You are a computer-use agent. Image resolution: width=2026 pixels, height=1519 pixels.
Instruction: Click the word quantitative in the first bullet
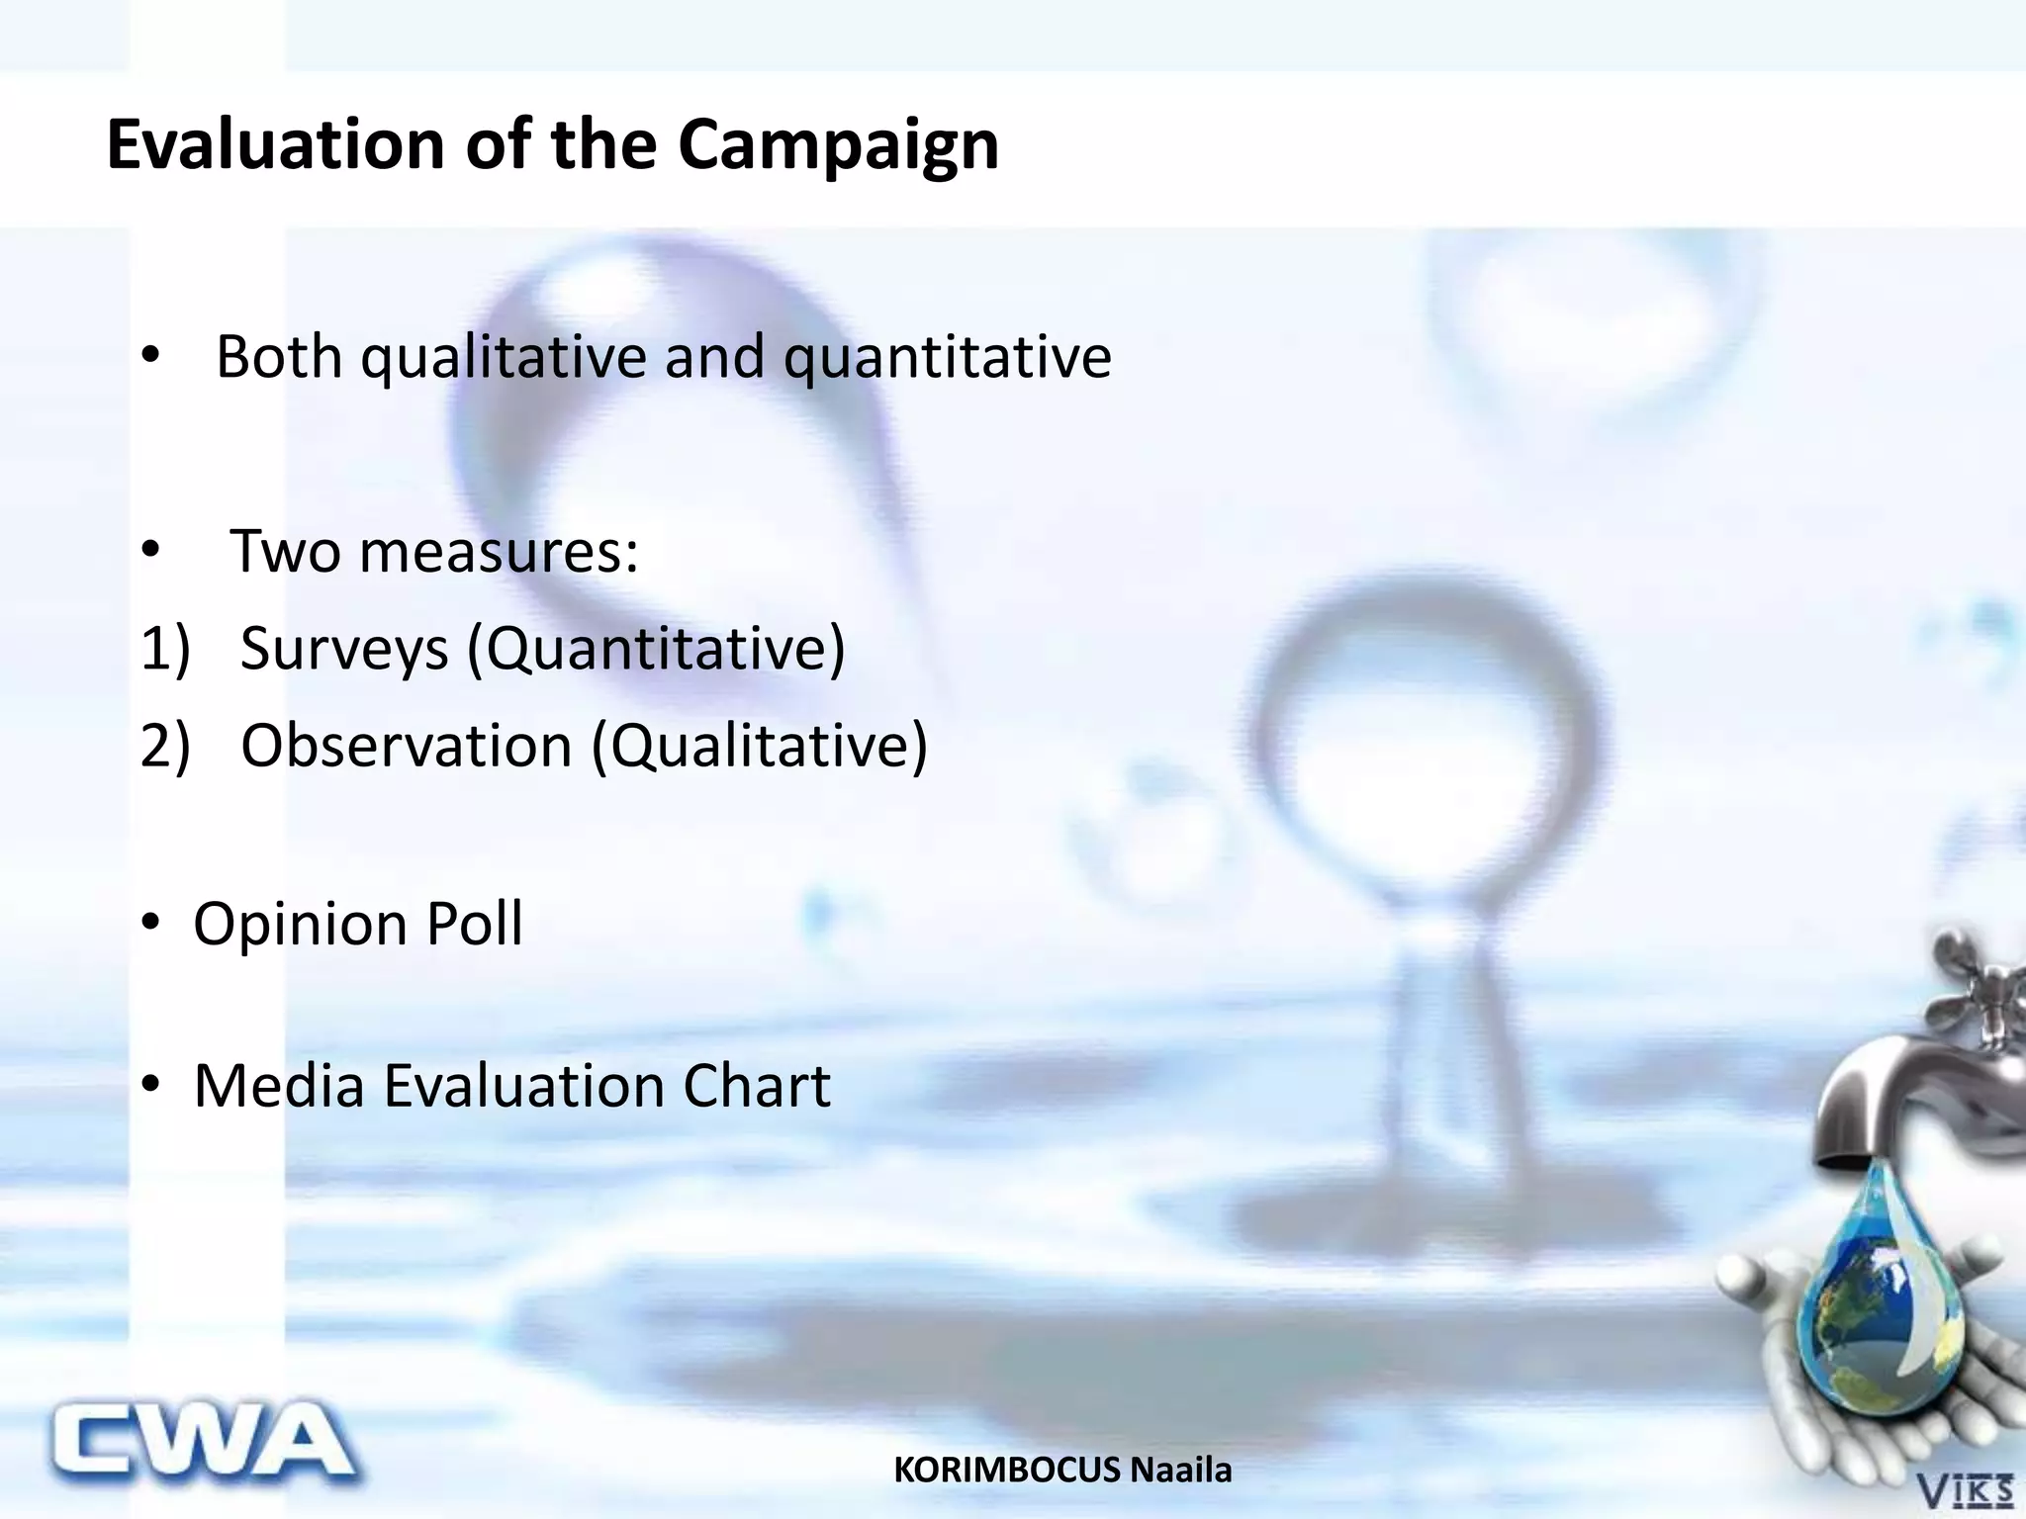(x=947, y=358)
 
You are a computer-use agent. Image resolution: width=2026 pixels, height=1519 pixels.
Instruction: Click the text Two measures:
(x=434, y=551)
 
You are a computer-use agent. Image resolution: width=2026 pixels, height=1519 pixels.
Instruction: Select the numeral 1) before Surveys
(x=165, y=649)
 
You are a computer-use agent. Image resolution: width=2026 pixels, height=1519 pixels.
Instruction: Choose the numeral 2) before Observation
(x=165, y=746)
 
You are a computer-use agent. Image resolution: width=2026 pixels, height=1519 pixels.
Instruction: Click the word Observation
(x=407, y=746)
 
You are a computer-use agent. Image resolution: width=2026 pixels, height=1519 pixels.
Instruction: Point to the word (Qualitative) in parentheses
(x=760, y=746)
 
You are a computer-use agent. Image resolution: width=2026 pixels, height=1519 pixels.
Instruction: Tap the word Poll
(x=474, y=925)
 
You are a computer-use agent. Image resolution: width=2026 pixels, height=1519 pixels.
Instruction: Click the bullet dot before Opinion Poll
(x=149, y=924)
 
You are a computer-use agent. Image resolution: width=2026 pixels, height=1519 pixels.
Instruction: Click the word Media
(x=280, y=1086)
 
